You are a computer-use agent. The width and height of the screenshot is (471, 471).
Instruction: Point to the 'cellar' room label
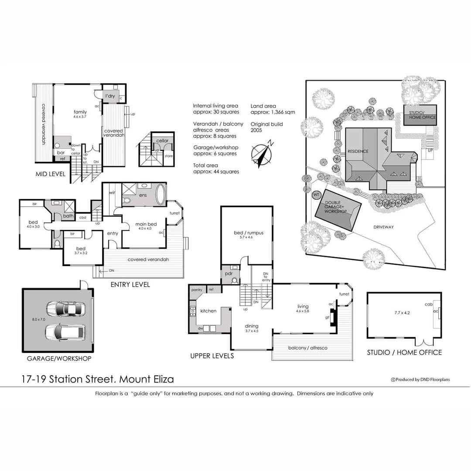162,141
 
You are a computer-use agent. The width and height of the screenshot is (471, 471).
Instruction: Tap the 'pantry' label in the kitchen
196,289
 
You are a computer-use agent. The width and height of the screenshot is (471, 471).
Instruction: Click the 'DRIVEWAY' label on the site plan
384,227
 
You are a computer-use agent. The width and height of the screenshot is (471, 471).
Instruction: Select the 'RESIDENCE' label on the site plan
358,152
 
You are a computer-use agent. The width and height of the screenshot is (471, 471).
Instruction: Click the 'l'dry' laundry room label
110,96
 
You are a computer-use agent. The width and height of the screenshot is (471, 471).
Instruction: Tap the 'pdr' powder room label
229,274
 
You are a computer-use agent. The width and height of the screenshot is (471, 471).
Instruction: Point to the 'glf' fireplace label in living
327,317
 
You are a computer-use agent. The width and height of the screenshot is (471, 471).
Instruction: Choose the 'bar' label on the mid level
61,152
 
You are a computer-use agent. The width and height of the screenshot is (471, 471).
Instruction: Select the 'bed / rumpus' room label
249,233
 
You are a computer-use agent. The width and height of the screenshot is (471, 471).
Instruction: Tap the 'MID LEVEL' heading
50,174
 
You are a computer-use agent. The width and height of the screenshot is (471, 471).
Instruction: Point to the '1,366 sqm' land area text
280,112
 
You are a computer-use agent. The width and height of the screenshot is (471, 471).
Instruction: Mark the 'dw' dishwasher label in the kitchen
201,328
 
